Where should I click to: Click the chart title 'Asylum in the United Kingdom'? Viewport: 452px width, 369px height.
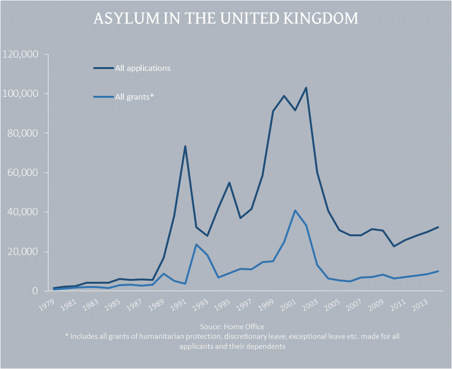point(226,19)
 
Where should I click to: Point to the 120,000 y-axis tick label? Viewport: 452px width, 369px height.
point(21,54)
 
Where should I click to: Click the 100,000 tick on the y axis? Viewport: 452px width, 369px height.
point(21,93)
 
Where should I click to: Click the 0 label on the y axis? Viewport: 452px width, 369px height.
point(35,291)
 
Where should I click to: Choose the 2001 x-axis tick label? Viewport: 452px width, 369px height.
point(288,303)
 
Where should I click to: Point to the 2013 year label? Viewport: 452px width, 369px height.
point(421,303)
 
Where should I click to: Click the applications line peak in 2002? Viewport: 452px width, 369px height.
point(306,88)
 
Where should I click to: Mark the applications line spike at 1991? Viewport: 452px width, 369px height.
point(185,146)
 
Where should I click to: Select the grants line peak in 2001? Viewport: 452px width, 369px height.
point(295,210)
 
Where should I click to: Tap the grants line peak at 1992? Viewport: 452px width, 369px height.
point(196,244)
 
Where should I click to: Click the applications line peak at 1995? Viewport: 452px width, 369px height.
point(229,183)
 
